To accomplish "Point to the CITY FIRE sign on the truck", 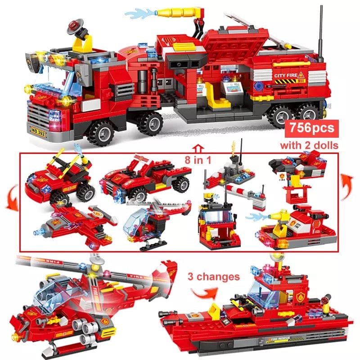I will pyautogui.click(x=288, y=76).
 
